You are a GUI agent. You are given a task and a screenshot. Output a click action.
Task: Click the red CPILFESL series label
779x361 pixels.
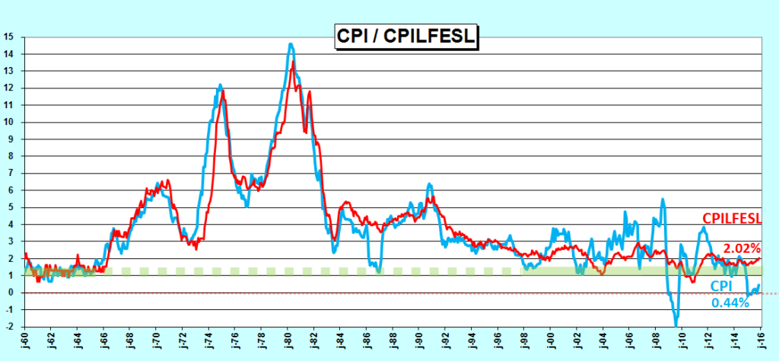point(732,219)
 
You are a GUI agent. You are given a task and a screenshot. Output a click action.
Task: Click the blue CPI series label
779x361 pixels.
point(721,286)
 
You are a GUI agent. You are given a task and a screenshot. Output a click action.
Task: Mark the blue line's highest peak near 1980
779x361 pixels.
point(291,44)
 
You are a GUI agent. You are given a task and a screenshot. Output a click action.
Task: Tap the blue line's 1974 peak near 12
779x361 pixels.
point(220,85)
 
